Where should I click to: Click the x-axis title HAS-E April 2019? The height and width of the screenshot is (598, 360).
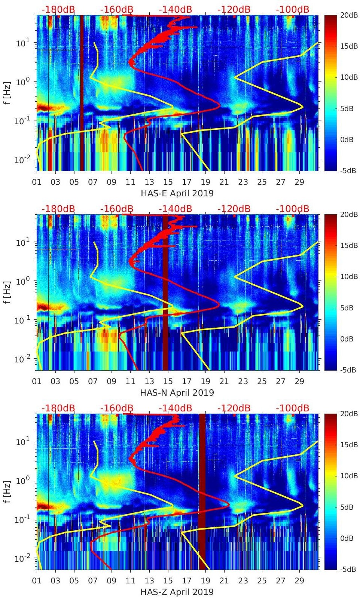(x=177, y=193)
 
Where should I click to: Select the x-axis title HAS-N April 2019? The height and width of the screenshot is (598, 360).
(x=177, y=393)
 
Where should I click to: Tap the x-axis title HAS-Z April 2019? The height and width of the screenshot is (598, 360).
(x=177, y=592)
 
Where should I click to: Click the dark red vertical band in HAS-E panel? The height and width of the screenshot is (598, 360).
(x=82, y=93)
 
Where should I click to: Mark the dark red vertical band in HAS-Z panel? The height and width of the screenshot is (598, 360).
(x=202, y=492)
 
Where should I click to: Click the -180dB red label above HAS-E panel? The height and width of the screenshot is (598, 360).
(x=58, y=9)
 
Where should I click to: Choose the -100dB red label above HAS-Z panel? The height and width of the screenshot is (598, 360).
(x=292, y=408)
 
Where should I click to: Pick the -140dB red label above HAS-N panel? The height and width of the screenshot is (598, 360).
(x=175, y=209)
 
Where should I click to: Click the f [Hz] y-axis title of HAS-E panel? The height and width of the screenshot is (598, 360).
(x=7, y=93)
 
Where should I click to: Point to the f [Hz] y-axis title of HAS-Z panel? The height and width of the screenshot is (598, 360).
(x=7, y=491)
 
